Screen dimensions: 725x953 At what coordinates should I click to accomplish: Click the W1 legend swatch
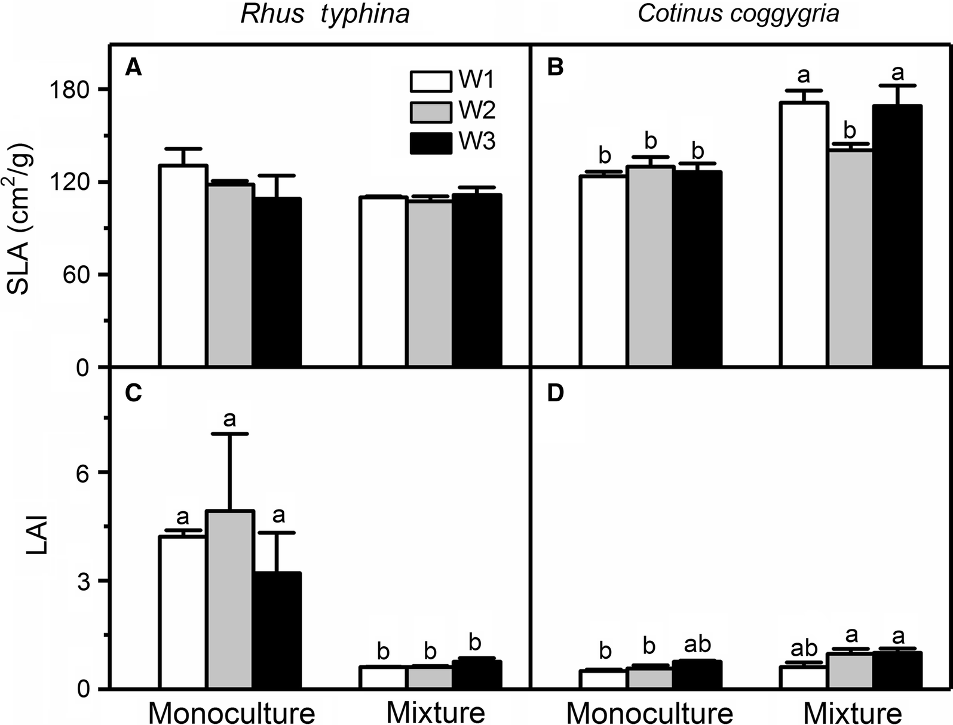[431, 81]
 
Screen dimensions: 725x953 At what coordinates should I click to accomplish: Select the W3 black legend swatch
[431, 143]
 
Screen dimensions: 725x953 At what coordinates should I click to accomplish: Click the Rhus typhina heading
[325, 14]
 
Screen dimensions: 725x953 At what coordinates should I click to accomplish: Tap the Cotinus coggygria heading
[739, 14]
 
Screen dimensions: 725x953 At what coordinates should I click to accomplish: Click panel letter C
[133, 394]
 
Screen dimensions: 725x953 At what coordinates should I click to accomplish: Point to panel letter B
[555, 68]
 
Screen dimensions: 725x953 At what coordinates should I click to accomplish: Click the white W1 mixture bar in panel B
[804, 233]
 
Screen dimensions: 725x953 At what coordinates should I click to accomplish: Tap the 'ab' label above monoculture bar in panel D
[697, 644]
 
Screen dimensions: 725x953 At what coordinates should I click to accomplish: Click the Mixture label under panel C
[436, 712]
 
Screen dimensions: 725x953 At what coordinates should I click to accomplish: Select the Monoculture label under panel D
[649, 712]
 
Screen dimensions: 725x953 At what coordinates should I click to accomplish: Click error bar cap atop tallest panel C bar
[230, 434]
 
